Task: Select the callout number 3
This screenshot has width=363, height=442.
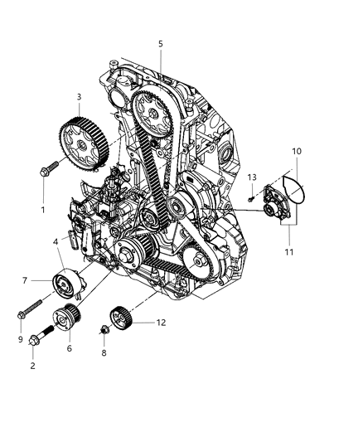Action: pos(78,97)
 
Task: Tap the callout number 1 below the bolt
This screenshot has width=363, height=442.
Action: pos(43,210)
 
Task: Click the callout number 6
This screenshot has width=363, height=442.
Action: pos(69,348)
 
